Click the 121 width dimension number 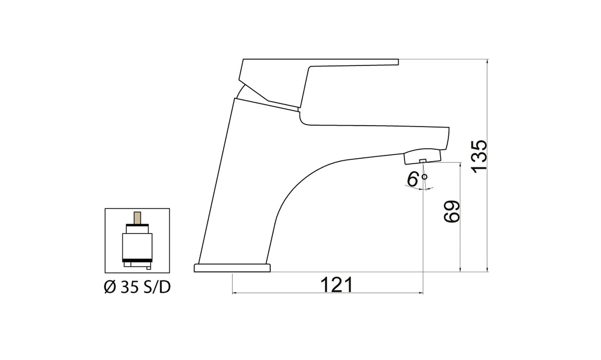coord(336,285)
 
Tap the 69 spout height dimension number coord(452,212)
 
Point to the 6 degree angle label coord(413,180)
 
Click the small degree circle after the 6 coord(424,177)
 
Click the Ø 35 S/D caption coord(137,287)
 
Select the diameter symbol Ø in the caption coord(109,287)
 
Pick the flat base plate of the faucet coord(232,268)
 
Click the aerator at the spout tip coord(422,157)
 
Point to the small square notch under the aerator coord(423,161)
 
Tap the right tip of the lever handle coord(397,62)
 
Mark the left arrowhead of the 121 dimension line coord(233,293)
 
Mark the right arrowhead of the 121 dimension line coord(421,293)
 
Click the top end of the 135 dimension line coord(487,60)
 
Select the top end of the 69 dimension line coord(460,164)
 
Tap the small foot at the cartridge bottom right coord(148,267)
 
